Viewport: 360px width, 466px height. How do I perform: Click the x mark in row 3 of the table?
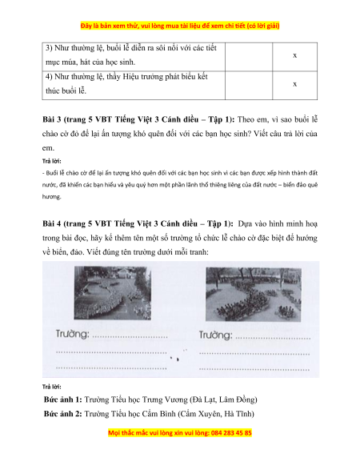294,55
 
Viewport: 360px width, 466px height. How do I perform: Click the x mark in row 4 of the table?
294,84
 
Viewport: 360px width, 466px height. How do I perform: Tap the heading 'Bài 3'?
52,119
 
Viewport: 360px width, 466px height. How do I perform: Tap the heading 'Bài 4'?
52,223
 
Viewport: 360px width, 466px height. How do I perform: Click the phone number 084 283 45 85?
231,432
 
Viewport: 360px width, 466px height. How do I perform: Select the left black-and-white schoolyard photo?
113,293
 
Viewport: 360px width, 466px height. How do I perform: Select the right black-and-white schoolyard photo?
254,294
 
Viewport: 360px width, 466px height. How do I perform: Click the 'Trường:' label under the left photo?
73,334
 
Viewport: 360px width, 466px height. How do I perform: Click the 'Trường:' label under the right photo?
216,335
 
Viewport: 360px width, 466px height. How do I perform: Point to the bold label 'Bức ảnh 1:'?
63,400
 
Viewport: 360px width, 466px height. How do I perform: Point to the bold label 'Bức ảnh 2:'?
63,414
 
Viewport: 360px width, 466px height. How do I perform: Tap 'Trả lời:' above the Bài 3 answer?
52,162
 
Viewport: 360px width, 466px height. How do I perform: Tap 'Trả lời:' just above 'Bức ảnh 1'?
52,387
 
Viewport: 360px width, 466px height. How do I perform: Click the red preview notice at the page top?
180,26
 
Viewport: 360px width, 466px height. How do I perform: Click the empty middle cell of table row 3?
249,57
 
